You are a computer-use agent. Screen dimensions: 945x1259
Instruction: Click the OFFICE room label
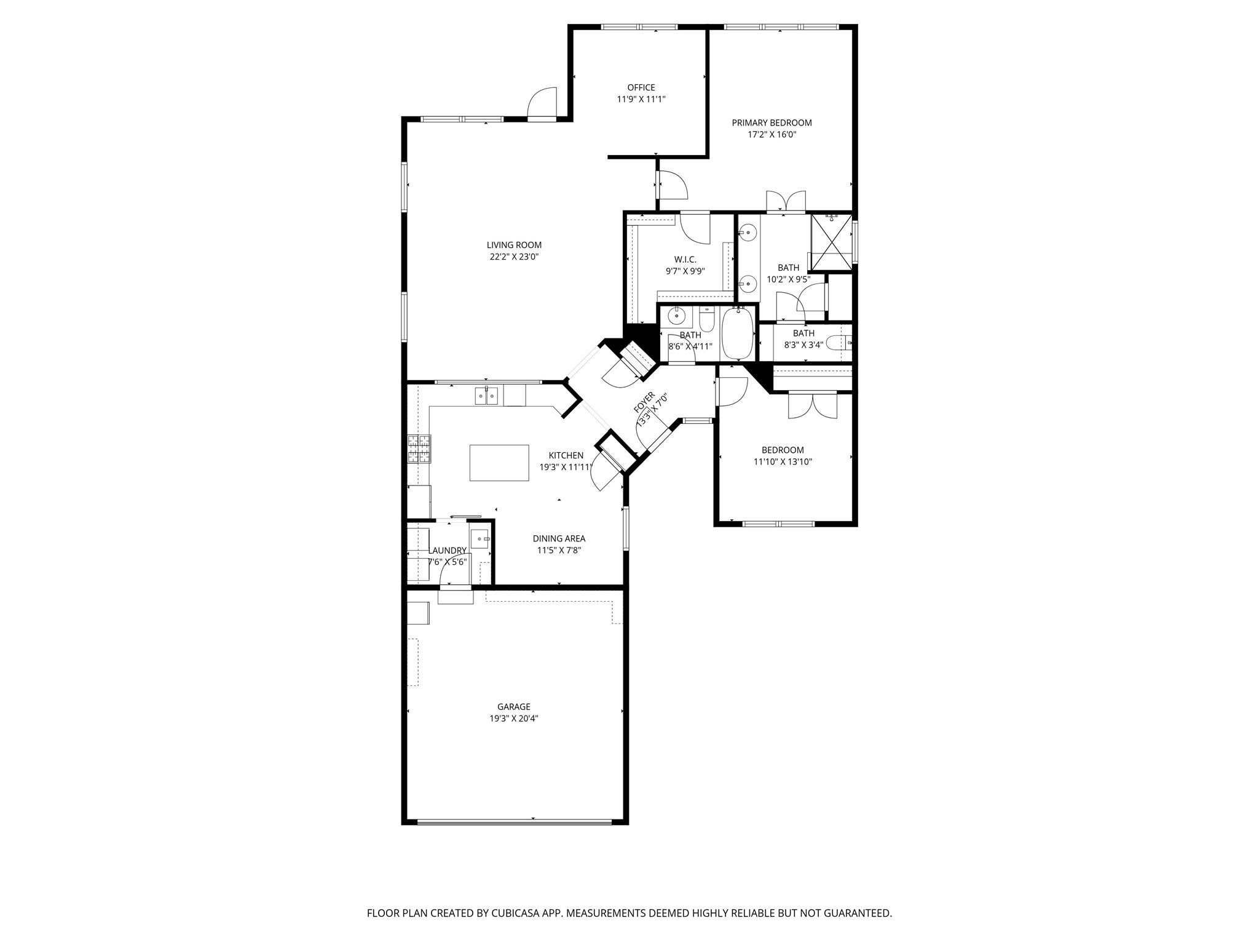pyautogui.click(x=641, y=87)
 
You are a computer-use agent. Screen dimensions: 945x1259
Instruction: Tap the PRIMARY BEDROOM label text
pyautogui.click(x=772, y=122)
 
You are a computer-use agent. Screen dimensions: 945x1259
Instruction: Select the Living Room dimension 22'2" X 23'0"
pyautogui.click(x=514, y=257)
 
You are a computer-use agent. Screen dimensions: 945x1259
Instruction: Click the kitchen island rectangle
pyautogui.click(x=499, y=463)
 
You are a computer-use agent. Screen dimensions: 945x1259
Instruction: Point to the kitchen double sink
pyautogui.click(x=486, y=396)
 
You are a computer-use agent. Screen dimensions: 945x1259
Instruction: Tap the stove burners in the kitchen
pyautogui.click(x=420, y=449)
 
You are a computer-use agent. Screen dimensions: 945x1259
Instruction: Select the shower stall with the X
pyautogui.click(x=831, y=242)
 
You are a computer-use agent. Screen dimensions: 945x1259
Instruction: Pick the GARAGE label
pyautogui.click(x=514, y=707)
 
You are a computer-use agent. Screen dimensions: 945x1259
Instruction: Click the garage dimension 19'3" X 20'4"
pyautogui.click(x=514, y=718)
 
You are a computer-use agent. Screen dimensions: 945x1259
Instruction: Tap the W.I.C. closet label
pyautogui.click(x=685, y=260)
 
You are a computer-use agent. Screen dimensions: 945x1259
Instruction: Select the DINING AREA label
pyautogui.click(x=559, y=539)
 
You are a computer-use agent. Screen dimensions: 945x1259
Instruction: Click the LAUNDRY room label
pyautogui.click(x=448, y=551)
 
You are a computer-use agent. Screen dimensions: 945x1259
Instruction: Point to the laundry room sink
pyautogui.click(x=480, y=539)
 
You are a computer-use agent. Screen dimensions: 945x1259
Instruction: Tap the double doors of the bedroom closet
pyautogui.click(x=813, y=405)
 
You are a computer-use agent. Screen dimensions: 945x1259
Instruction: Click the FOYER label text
pyautogui.click(x=643, y=402)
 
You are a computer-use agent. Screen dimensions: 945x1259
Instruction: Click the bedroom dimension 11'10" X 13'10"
pyautogui.click(x=783, y=461)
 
